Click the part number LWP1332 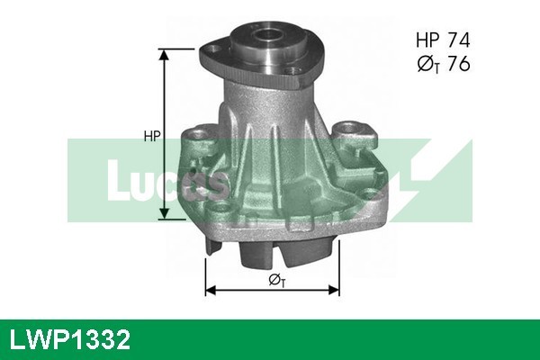click(x=69, y=340)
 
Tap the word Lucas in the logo click(x=166, y=180)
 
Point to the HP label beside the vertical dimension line click(x=152, y=137)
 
